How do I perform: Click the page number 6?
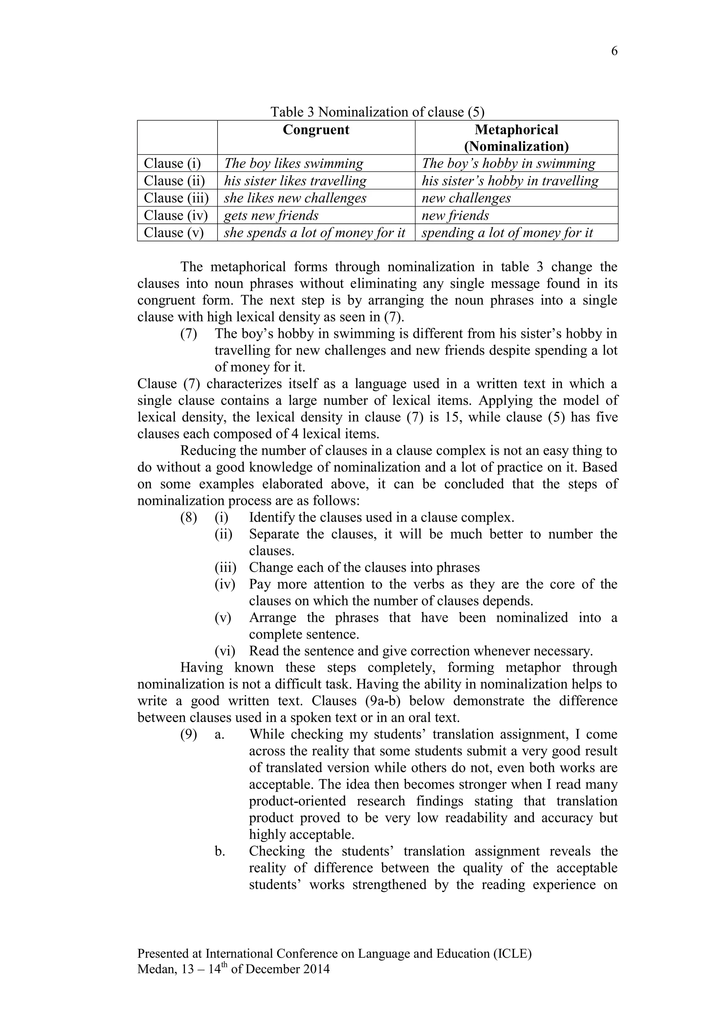coord(614,51)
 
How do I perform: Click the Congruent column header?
coord(316,130)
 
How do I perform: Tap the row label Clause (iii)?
coord(176,198)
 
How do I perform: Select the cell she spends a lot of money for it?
coord(314,233)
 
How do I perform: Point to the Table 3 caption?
coord(377,112)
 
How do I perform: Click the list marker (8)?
coord(188,518)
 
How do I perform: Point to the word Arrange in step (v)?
coord(272,618)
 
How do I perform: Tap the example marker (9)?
coord(188,734)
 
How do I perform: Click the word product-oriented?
coord(297,801)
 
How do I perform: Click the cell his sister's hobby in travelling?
coord(510,181)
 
